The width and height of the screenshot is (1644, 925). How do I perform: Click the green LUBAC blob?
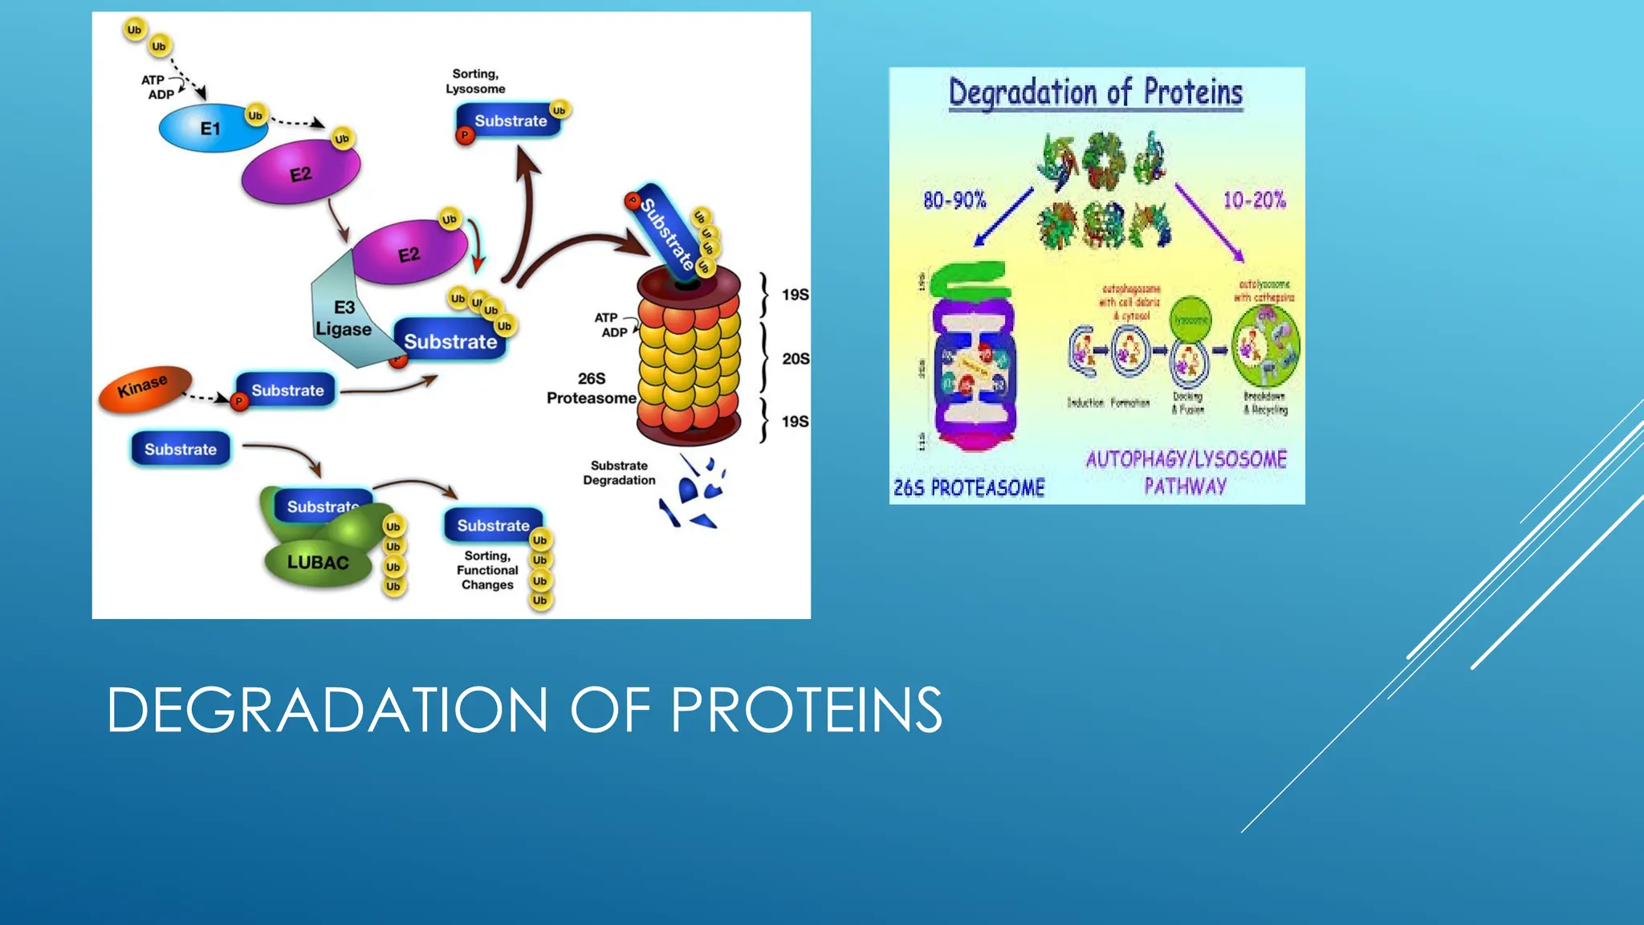tap(318, 563)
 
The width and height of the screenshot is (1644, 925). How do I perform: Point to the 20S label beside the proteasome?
tap(795, 359)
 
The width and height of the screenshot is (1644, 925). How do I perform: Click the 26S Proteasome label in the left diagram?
tap(592, 389)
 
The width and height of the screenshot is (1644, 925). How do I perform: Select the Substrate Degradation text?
tap(619, 473)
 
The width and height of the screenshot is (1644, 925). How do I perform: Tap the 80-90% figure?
tap(954, 200)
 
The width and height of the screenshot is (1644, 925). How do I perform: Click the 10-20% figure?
tap(1254, 200)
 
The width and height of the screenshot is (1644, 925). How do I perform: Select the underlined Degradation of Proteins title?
tap(1096, 92)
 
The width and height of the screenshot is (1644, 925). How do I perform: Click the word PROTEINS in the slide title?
tap(806, 711)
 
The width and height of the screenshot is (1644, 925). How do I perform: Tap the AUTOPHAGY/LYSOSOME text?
tap(1186, 459)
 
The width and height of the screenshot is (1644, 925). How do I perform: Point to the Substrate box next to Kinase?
tap(287, 390)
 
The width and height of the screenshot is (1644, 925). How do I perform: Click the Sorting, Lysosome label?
tap(475, 81)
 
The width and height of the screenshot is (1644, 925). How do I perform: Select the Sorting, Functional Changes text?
tap(487, 570)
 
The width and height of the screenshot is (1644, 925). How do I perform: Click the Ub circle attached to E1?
tap(255, 116)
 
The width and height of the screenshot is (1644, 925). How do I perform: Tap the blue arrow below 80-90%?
tap(1003, 217)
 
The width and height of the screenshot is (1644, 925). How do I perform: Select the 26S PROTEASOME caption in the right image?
tap(969, 487)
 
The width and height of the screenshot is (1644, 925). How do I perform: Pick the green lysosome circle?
tap(1190, 319)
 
